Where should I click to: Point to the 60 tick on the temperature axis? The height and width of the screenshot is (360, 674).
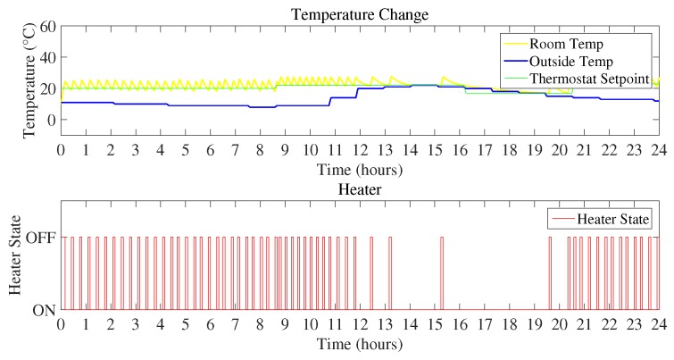point(47,27)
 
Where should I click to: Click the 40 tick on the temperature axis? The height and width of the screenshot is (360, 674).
point(47,58)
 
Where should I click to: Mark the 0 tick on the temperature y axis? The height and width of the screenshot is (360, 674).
point(52,120)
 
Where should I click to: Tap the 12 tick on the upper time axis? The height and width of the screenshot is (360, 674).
point(360,150)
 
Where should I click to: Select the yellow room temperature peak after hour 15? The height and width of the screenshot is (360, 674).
point(444,78)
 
